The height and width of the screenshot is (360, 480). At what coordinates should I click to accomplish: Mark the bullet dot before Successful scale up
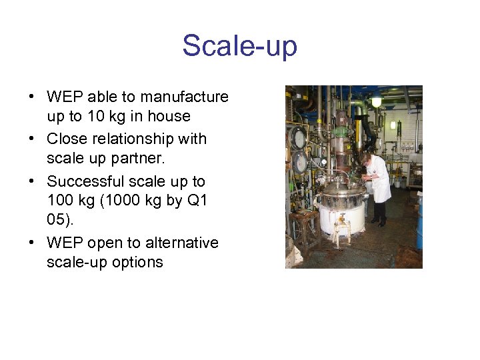coord(33,181)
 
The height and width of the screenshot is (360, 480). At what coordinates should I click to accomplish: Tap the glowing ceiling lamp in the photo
coord(377,102)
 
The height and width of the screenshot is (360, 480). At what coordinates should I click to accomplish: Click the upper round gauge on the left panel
coord(297,138)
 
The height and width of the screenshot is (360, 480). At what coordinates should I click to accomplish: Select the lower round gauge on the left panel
coord(300,162)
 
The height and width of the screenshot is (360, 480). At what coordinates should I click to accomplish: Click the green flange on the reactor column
coord(341,131)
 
